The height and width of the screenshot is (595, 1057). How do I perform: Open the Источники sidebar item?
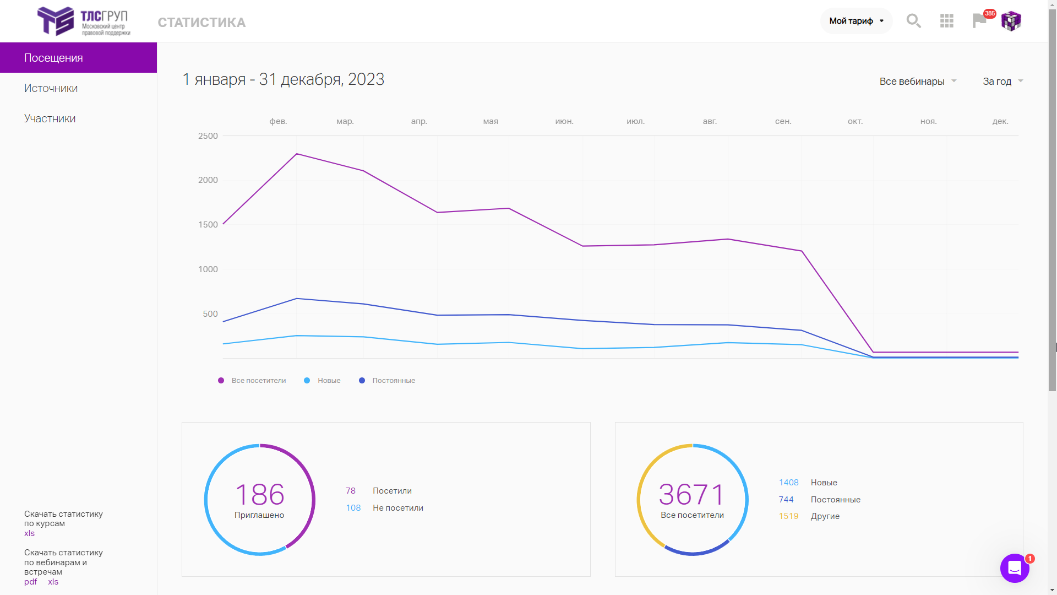pyautogui.click(x=51, y=88)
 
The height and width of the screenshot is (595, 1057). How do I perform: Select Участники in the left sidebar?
pyautogui.click(x=50, y=118)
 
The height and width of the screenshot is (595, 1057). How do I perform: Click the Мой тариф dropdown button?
pyautogui.click(x=856, y=21)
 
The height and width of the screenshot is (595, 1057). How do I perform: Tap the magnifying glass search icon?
pyautogui.click(x=914, y=21)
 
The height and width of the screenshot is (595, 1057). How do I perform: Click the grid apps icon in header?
pyautogui.click(x=947, y=21)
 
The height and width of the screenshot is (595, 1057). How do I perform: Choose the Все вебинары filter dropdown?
pyautogui.click(x=918, y=82)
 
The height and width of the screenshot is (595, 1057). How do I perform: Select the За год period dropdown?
pyautogui.click(x=1002, y=82)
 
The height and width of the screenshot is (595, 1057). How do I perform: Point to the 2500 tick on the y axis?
pyautogui.click(x=208, y=136)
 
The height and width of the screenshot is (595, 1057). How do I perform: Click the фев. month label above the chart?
pyautogui.click(x=278, y=121)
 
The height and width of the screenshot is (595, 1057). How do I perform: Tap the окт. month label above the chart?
pyautogui.click(x=855, y=121)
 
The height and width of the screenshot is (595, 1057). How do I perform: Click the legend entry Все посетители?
pyautogui.click(x=252, y=381)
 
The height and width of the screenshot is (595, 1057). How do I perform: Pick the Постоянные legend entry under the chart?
pyautogui.click(x=387, y=381)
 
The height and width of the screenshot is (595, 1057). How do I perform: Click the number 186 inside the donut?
pyautogui.click(x=260, y=494)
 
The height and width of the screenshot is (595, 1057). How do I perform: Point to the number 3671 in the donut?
pyautogui.click(x=692, y=494)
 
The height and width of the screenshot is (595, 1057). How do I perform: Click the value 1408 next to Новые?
pyautogui.click(x=788, y=483)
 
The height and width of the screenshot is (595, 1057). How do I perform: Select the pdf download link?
pyautogui.click(x=30, y=582)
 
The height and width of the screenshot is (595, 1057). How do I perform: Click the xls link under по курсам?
pyautogui.click(x=29, y=533)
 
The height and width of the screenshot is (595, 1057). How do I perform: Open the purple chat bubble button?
pyautogui.click(x=1015, y=568)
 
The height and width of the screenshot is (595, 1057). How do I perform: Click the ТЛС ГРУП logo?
pyautogui.click(x=84, y=21)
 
